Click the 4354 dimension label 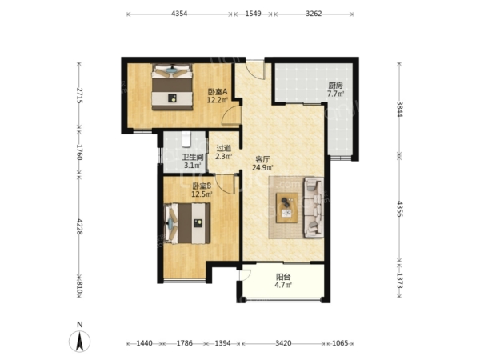pyautogui.click(x=179, y=14)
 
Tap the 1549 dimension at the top pyautogui.click(x=253, y=14)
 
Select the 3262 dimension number pyautogui.click(x=314, y=14)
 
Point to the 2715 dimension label pyautogui.click(x=79, y=95)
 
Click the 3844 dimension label pyautogui.click(x=399, y=109)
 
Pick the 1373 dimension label pyautogui.click(x=399, y=281)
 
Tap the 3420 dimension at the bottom pyautogui.click(x=283, y=343)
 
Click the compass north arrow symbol pyautogui.click(x=79, y=342)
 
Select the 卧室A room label pyautogui.click(x=218, y=91)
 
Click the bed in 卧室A pyautogui.click(x=173, y=87)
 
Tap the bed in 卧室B pyautogui.click(x=187, y=224)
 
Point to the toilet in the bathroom pyautogui.click(x=186, y=139)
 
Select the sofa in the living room pyautogui.click(x=314, y=208)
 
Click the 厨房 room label pyautogui.click(x=335, y=86)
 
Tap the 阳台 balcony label pyautogui.click(x=283, y=278)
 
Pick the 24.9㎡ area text pyautogui.click(x=262, y=167)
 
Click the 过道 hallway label pyautogui.click(x=224, y=149)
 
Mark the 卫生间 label pyautogui.click(x=193, y=158)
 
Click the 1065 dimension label pyautogui.click(x=340, y=343)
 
